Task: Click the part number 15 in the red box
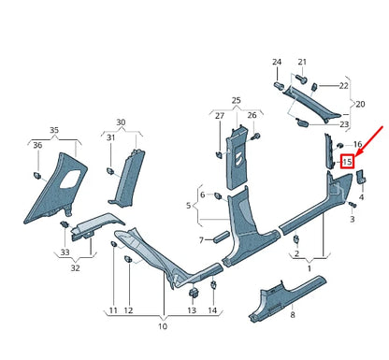point(347,162)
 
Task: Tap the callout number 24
point(277,63)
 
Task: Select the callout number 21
point(302,63)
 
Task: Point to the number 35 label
point(54,130)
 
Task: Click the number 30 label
point(121,122)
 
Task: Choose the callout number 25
point(237,99)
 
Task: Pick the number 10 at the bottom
point(162,327)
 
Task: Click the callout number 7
point(200,240)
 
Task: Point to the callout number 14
point(212,310)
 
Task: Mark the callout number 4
point(361,199)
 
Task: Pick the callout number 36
point(38,146)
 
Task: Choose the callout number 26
point(252,115)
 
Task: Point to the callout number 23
point(345,123)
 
